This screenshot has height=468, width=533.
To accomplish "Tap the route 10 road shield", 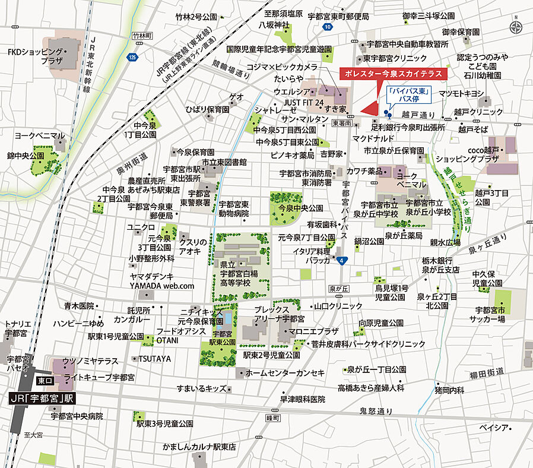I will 327,27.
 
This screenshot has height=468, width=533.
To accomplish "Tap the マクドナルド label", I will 370,138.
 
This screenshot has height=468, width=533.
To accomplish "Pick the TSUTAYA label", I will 155,359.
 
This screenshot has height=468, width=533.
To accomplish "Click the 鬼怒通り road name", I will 376,411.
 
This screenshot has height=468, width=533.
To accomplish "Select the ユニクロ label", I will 141,227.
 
